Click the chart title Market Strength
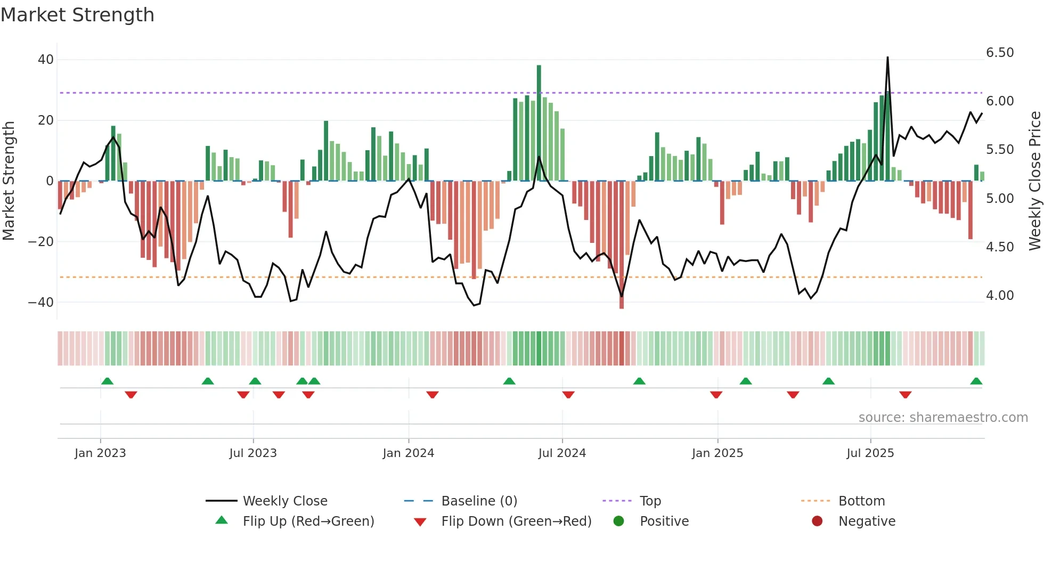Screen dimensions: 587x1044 tap(77, 15)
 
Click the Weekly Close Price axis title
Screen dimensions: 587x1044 tap(1034, 181)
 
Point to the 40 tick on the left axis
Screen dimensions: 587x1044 tap(46, 60)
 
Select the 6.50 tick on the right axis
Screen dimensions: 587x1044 tap(999, 53)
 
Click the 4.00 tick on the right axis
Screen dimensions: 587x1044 tap(999, 296)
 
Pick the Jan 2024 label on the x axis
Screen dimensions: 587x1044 tap(408, 453)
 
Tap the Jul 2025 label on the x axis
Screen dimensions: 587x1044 tap(870, 453)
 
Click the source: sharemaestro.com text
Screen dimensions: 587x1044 tap(943, 418)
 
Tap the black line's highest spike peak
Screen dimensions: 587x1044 tap(887, 58)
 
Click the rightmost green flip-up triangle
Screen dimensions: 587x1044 tap(976, 381)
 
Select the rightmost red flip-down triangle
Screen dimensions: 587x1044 tap(905, 395)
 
